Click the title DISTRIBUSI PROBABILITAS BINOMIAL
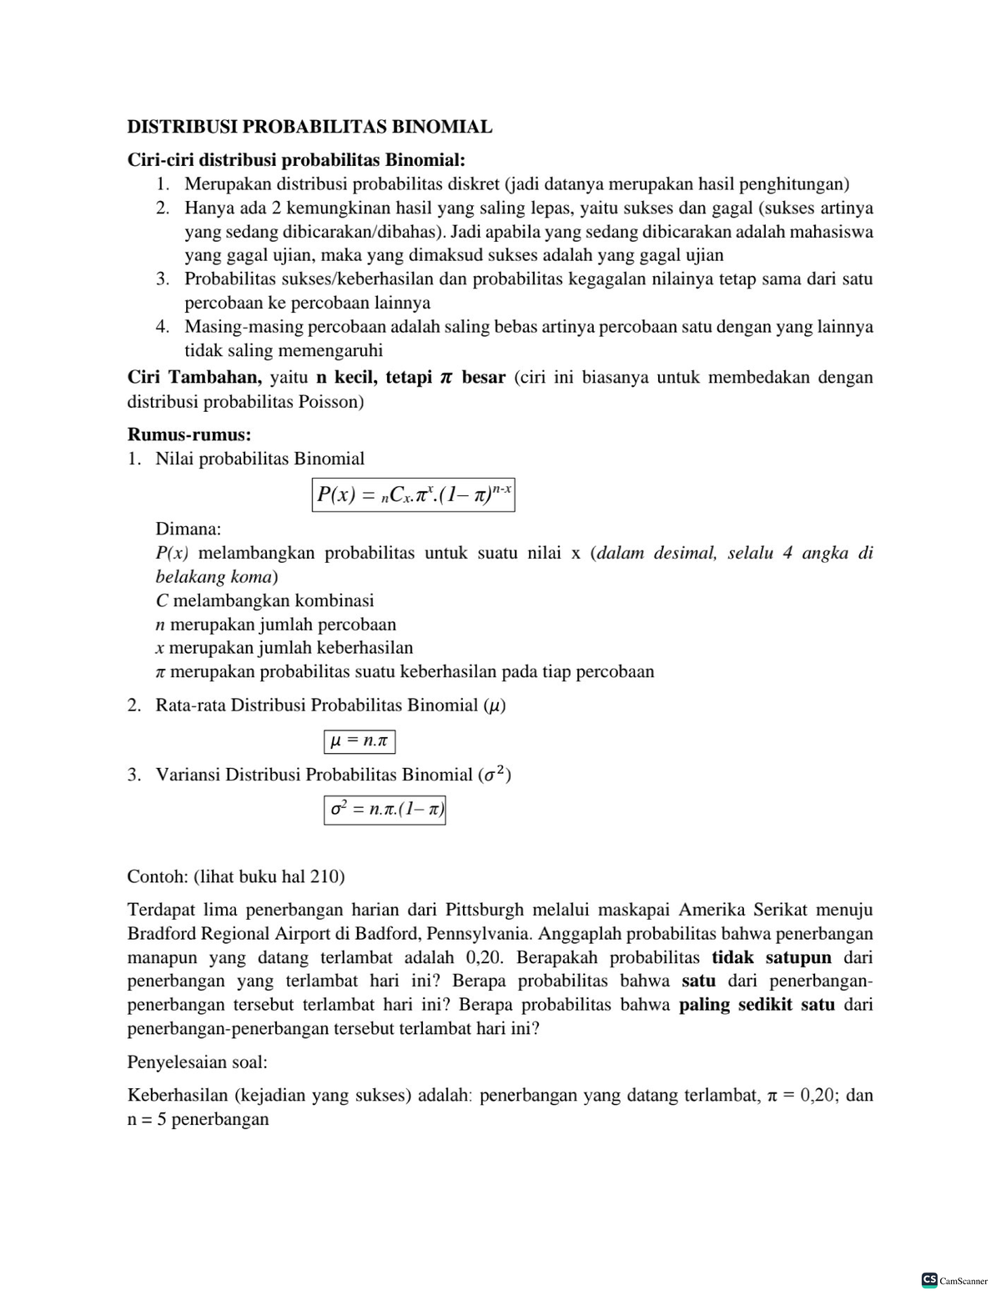pos(309,127)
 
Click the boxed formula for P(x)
pos(413,494)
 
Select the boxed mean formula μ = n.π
pos(359,740)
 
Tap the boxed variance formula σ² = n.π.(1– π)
pos(385,809)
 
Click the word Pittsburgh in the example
pos(484,910)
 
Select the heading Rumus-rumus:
pos(189,434)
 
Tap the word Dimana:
pos(189,529)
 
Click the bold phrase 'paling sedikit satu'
pos(757,1005)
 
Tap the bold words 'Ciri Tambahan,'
pos(194,378)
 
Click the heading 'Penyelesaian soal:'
pos(197,1062)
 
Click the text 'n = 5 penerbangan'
pos(198,1119)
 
